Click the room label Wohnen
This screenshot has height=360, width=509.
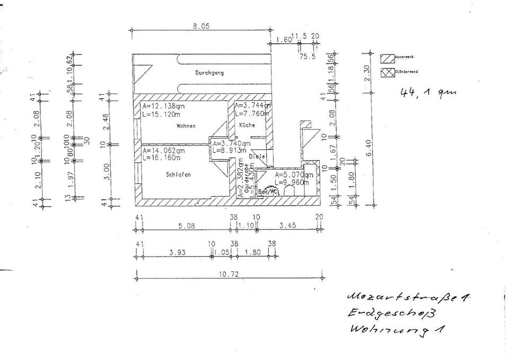pyautogui.click(x=187, y=126)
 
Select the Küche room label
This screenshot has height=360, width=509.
pyautogui.click(x=247, y=125)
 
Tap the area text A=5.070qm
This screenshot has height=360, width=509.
pyautogui.click(x=294, y=174)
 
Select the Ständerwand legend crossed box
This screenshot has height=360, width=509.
pyautogui.click(x=386, y=72)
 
